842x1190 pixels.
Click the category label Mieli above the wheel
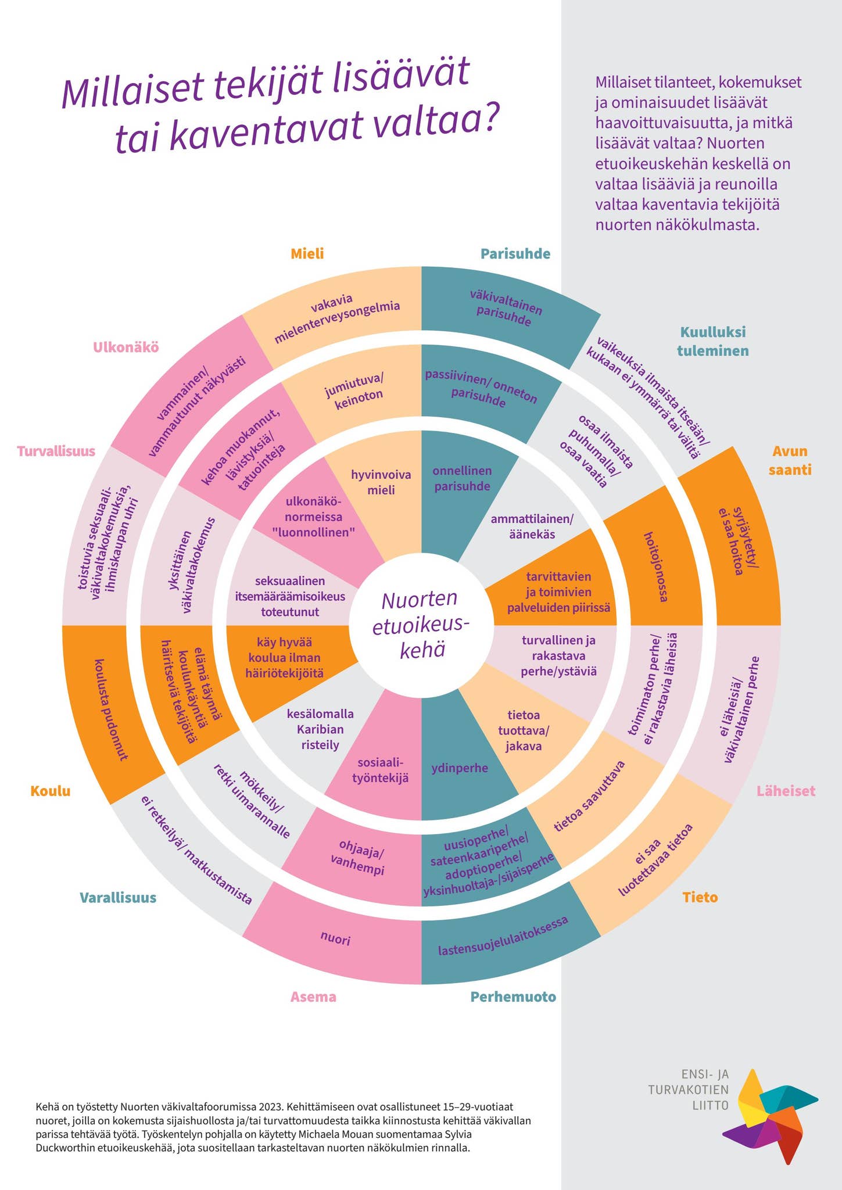tap(307, 254)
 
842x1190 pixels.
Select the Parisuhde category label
tap(515, 254)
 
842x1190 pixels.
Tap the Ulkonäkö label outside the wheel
tap(126, 347)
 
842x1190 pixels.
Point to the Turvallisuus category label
tap(56, 451)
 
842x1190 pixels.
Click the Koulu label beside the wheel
tap(51, 791)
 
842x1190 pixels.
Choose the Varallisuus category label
tap(118, 897)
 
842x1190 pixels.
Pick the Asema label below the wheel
tap(313, 997)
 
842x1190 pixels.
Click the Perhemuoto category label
tap(513, 997)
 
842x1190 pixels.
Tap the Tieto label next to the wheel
tap(700, 897)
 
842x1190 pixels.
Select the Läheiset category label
tap(786, 791)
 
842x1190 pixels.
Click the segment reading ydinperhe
tap(459, 768)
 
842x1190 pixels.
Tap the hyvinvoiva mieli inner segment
tap(381, 482)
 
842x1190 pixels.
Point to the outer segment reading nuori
tap(335, 938)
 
